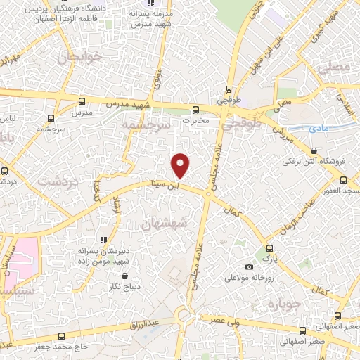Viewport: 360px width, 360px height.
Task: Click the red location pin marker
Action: [x=181, y=165]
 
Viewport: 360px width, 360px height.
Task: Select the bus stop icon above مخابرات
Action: [x=196, y=109]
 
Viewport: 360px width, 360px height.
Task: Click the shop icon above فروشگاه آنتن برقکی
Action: [x=313, y=150]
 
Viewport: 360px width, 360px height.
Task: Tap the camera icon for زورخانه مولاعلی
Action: [x=250, y=266]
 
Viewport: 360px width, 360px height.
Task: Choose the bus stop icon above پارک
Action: [x=269, y=247]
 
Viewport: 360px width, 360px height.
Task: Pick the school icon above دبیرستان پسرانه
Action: [x=103, y=239]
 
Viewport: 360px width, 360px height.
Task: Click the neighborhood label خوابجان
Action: [x=77, y=57]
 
